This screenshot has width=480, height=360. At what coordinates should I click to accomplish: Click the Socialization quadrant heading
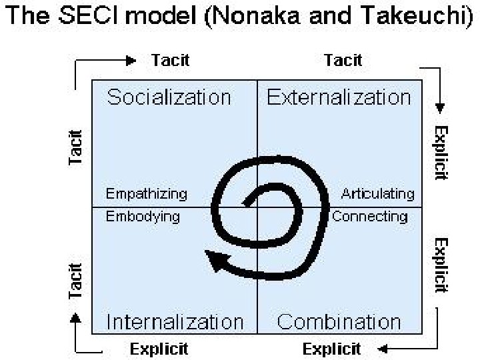(169, 98)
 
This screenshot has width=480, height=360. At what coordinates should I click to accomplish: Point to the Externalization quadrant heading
(339, 98)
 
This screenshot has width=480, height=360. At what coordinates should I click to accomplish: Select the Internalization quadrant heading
(175, 322)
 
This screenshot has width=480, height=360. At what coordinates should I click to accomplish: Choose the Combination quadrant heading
(339, 322)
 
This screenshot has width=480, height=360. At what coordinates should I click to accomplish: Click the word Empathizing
(147, 195)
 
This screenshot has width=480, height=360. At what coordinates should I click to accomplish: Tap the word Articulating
(378, 195)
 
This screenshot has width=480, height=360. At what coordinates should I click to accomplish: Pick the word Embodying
(143, 216)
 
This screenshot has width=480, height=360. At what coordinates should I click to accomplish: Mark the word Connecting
(369, 216)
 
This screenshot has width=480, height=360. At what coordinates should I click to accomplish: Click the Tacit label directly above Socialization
(171, 60)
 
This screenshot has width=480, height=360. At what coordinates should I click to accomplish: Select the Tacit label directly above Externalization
(343, 60)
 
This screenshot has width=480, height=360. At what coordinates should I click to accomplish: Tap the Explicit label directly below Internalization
(159, 348)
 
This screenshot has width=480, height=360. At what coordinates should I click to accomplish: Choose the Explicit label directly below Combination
(331, 348)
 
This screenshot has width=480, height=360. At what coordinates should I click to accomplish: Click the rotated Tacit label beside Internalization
(76, 280)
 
